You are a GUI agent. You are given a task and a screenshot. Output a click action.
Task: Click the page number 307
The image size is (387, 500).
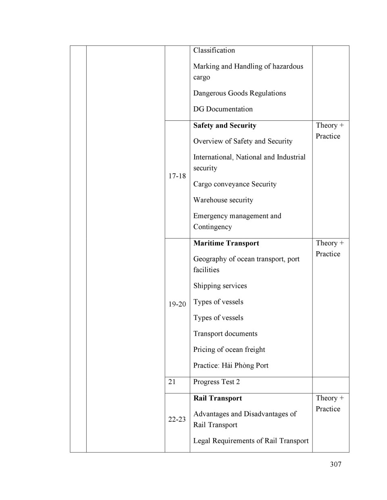[x=335, y=464]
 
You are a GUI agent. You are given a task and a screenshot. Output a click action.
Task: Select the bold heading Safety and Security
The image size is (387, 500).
[x=225, y=126]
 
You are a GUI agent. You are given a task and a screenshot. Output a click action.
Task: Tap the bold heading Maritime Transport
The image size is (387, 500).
[x=226, y=243]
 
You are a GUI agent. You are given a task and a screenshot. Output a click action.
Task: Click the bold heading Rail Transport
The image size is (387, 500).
[x=218, y=398]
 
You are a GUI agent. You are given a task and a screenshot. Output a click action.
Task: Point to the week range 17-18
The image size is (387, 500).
[x=177, y=176]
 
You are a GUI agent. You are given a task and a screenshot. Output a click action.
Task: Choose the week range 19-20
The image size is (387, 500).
[x=177, y=304]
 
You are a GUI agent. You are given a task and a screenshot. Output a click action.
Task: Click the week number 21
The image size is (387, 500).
[x=172, y=382]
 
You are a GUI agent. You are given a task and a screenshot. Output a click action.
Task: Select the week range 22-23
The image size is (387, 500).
[x=177, y=419]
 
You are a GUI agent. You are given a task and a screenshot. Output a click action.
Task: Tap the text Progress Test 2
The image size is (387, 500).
[x=216, y=382]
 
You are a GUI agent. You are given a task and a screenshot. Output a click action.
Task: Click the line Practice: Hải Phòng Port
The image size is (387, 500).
[x=231, y=366]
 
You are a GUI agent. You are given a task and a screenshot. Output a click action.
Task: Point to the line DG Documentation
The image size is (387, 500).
[x=223, y=109]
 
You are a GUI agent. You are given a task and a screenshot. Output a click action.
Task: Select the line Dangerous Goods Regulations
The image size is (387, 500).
[x=239, y=93]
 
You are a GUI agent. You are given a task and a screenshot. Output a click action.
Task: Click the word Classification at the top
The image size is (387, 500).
[x=214, y=50]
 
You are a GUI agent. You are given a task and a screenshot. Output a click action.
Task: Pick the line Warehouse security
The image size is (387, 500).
[x=223, y=200]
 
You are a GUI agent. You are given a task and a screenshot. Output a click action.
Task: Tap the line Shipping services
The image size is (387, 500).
[x=220, y=286]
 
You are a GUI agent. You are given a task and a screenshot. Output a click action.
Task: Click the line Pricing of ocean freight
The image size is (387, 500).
[x=229, y=349]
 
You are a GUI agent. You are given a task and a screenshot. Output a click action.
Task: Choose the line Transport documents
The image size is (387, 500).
[x=225, y=334]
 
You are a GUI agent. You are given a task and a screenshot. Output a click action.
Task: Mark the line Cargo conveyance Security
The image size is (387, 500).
[x=235, y=184]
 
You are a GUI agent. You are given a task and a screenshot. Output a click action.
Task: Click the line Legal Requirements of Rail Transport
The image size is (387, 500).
[x=251, y=441]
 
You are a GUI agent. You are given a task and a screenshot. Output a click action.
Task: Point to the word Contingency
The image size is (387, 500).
[x=212, y=227]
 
